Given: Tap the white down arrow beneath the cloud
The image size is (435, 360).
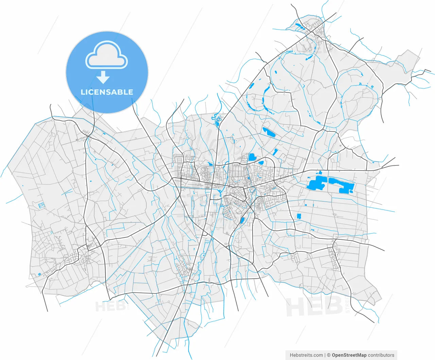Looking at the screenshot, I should pyautogui.click(x=103, y=77).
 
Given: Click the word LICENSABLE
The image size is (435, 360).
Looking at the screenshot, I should pyautogui.click(x=107, y=92).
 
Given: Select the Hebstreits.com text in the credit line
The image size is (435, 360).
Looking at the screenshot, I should pyautogui.click(x=306, y=355).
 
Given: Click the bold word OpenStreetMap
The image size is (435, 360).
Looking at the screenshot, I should pyautogui.click(x=349, y=355).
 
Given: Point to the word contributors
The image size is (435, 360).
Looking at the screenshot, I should pyautogui.click(x=381, y=355).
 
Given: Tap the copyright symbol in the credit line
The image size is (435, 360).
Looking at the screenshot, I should pyautogui.click(x=329, y=355).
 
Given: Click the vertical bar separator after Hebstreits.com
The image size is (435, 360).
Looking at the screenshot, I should pyautogui.click(x=325, y=355).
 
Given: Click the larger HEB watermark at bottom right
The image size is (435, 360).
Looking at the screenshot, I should pyautogui.click(x=314, y=307).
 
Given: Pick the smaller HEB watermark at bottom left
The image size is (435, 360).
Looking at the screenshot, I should pyautogui.click(x=111, y=307).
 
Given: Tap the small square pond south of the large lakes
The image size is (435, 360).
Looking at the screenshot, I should pyautogui.click(x=299, y=216).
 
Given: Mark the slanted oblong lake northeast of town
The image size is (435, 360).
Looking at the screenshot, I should pyautogui.click(x=268, y=132).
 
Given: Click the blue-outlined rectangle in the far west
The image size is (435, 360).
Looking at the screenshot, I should pyautogui.click(x=41, y=205).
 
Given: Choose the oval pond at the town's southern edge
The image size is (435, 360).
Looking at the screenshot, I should pyautogui.click(x=242, y=220).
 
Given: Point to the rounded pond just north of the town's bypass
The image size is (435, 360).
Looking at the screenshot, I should pyautogui.click(x=252, y=157).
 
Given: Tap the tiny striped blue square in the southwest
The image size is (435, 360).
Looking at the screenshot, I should pyautogui.click(x=39, y=274).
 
